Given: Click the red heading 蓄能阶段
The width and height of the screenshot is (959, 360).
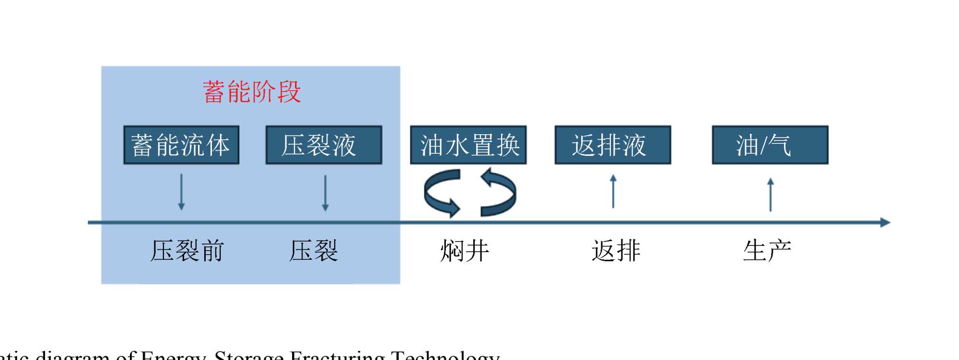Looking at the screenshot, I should coord(252,92).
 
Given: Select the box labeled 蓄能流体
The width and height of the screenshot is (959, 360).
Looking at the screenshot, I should coord(181,145).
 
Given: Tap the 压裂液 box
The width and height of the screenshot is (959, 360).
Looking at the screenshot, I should coord(324,145).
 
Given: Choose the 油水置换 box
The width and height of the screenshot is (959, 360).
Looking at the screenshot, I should coord(468,145).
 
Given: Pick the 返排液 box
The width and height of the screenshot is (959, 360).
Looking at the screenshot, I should coord(612,145).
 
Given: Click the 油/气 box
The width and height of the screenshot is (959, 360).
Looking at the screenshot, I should coord(770,145).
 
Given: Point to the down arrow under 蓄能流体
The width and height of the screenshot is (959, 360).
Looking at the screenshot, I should coord(181,192).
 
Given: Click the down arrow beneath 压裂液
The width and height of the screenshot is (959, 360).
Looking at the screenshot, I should coord(325,193).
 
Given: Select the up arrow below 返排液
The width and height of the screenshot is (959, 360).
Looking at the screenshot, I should coord(613,191).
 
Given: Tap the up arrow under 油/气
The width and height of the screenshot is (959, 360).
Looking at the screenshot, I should coord(771,195).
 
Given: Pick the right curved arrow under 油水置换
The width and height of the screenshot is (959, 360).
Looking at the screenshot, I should coord(499,192).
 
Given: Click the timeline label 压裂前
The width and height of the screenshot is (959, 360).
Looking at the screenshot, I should coord(187,251).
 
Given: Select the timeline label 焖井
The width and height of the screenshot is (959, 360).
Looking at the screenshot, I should coord(464,251).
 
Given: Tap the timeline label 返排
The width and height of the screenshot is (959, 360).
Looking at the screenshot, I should coord(616,251).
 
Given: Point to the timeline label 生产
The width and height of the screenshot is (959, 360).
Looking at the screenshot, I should coord(767,251).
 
